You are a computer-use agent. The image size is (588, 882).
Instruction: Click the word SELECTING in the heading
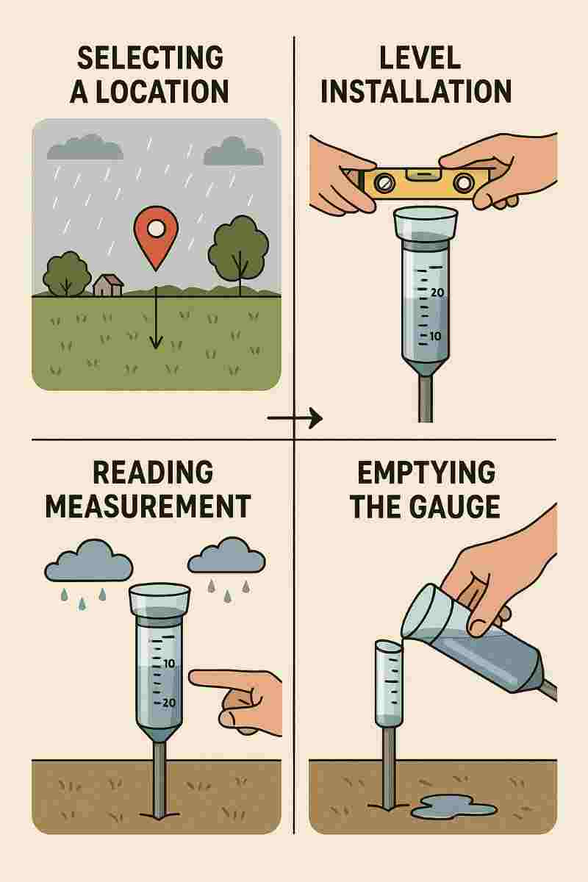[151, 58]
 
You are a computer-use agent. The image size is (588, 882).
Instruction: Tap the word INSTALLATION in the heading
[416, 91]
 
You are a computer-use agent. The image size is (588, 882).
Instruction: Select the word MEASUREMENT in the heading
[148, 506]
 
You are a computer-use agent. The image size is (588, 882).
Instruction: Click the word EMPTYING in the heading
[426, 473]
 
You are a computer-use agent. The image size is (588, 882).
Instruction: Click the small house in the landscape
[108, 285]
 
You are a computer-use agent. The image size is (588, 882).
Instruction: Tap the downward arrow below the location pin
[156, 318]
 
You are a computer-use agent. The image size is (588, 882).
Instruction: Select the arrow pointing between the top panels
[295, 417]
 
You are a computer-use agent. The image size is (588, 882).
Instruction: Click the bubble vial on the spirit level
[420, 173]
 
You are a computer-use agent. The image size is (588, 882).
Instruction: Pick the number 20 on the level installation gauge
[437, 293]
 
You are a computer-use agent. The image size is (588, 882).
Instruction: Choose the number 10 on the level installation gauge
[435, 337]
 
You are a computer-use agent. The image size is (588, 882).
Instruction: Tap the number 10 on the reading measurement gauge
[168, 664]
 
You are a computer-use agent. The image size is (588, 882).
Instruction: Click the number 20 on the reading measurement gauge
[168, 703]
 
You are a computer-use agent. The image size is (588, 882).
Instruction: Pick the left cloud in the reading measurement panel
[89, 561]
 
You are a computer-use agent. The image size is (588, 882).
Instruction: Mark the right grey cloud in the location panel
[234, 151]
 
